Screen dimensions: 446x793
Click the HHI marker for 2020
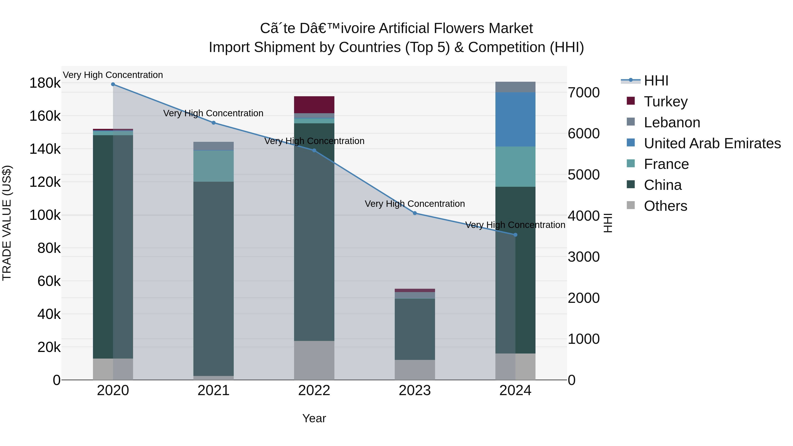(x=113, y=84)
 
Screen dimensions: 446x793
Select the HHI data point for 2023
(x=415, y=213)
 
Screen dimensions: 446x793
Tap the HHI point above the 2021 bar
(x=214, y=123)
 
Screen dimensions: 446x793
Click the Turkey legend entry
(x=665, y=102)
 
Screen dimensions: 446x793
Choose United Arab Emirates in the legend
(x=712, y=143)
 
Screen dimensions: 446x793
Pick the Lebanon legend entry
(x=672, y=122)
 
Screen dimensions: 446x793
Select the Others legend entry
(x=665, y=206)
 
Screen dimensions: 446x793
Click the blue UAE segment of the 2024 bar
(x=515, y=119)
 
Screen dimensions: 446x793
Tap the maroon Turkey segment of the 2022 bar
(x=314, y=105)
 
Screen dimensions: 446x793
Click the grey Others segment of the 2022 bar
(x=314, y=360)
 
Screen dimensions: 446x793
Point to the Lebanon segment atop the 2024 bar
(x=515, y=87)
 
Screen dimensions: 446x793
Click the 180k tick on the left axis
(x=45, y=83)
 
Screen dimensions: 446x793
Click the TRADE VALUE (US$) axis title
(x=7, y=223)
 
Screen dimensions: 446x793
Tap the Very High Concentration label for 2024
(x=515, y=225)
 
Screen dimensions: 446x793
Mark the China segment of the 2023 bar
(x=415, y=329)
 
